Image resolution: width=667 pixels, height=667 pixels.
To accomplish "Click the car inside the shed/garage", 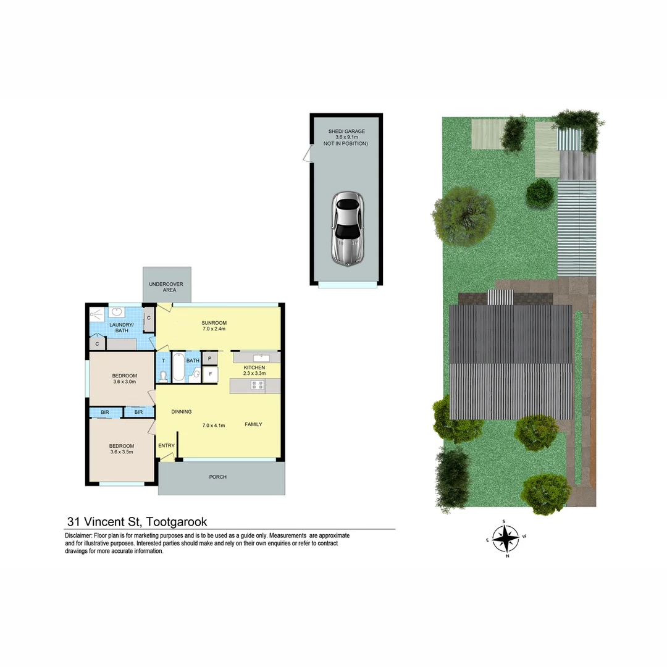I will tap(348, 229).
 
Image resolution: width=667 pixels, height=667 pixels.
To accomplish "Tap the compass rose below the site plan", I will tap(506, 538).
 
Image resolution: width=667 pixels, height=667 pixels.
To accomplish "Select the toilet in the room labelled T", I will tap(163, 376).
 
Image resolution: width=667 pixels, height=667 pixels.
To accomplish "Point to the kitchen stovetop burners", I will tap(258, 385).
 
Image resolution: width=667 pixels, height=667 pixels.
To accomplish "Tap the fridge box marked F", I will tap(210, 374).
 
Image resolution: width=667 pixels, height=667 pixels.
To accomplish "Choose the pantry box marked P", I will tap(210, 358).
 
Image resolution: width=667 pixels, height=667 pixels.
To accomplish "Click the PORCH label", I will tap(217, 477).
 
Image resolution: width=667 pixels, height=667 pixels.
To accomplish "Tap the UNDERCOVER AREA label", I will tap(161, 287).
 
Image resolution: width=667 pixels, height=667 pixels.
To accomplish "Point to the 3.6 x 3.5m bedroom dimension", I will tap(122, 452).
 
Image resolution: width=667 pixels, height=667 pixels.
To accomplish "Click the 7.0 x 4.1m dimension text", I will tap(214, 425).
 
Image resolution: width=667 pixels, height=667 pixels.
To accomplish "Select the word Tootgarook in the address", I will tap(177, 522).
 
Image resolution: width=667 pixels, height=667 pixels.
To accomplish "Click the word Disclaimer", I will tap(78, 535).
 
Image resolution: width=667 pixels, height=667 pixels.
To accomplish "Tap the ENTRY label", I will tap(166, 446).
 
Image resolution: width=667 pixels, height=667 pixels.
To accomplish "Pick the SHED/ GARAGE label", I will tap(346, 132).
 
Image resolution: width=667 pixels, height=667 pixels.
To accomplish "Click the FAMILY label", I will tap(253, 424).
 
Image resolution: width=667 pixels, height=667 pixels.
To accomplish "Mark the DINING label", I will tap(181, 412).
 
